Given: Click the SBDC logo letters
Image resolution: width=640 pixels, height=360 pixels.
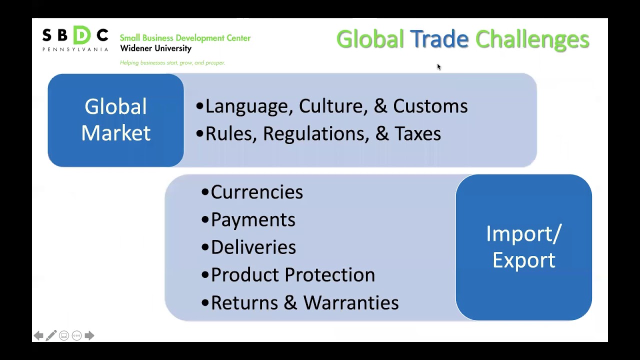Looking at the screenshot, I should click(x=75, y=35).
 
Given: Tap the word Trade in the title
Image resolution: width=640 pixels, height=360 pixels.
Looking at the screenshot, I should click(x=439, y=39).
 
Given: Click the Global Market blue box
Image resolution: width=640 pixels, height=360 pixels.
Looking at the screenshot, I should click(x=115, y=120).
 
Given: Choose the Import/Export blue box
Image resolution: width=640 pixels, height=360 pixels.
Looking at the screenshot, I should click(x=523, y=247).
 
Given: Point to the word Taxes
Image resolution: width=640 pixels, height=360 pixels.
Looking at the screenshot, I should click(x=417, y=134).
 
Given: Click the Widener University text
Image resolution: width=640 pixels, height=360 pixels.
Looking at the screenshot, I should click(x=155, y=48).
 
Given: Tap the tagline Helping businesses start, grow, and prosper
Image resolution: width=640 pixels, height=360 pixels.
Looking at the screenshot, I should click(x=172, y=62).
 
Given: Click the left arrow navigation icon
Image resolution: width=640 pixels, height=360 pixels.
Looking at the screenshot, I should click(x=38, y=335).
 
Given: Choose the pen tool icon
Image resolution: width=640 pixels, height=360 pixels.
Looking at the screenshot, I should click(x=51, y=335).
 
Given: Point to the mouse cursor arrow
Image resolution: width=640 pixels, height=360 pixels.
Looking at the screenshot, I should click(x=438, y=66).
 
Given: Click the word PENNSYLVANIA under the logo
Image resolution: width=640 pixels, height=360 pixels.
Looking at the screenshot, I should click(x=75, y=49).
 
